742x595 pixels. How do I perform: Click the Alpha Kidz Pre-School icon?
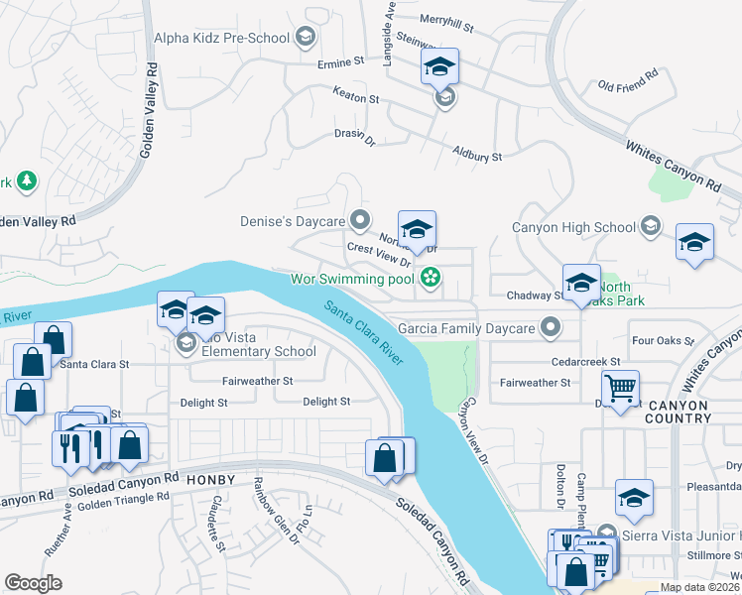[307, 38]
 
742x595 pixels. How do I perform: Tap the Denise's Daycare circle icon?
[361, 219]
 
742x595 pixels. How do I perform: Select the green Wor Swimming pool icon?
[431, 278]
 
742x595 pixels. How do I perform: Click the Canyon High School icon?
[651, 226]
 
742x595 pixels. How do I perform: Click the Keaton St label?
[355, 99]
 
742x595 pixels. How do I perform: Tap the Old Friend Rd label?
[629, 79]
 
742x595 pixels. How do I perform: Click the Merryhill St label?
[447, 19]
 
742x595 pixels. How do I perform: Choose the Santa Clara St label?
[95, 364]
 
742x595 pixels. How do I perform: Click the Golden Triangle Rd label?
[118, 501]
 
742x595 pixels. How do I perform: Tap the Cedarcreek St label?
[587, 362]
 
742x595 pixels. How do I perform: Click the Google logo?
[34, 583]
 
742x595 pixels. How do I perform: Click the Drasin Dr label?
[355, 136]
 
